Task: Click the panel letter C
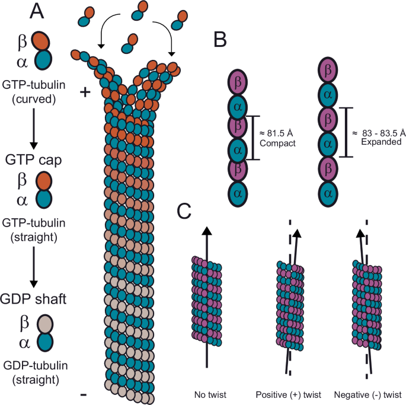coord(185,211)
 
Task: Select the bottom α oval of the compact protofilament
coord(238,192)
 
